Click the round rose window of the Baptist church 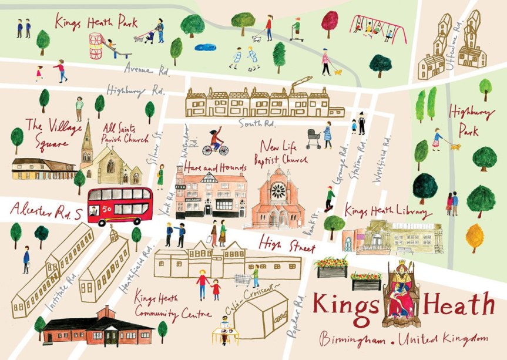coord(278,190)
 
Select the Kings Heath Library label coord(388,211)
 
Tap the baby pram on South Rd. coord(314,139)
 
